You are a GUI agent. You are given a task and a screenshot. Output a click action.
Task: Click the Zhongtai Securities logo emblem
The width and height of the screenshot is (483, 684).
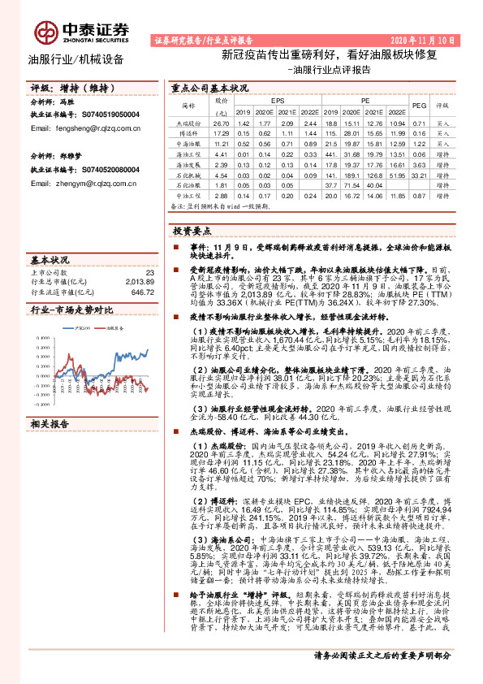point(46,31)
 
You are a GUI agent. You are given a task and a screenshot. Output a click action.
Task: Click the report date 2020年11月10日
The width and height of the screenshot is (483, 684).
point(427,39)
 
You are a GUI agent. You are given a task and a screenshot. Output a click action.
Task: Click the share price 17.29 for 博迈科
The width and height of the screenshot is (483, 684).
point(221,132)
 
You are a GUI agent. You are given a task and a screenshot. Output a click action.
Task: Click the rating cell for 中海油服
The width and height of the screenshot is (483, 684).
point(443,144)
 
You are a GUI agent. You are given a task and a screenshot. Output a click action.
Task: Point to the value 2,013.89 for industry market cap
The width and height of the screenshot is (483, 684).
point(138,281)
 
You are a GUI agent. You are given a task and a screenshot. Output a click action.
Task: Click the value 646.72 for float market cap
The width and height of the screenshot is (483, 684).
point(142,292)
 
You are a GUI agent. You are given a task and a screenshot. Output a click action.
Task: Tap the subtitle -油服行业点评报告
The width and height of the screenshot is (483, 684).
point(329,71)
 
